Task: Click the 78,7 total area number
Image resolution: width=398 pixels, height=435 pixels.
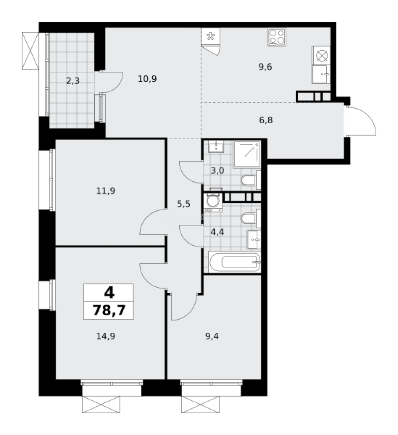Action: [108, 311]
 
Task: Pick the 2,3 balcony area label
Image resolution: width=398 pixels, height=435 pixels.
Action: [73, 80]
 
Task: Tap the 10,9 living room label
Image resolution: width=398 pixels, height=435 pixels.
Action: [147, 79]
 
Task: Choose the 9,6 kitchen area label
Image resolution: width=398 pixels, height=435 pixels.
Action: [265, 66]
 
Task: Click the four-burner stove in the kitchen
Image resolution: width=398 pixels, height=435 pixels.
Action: [276, 37]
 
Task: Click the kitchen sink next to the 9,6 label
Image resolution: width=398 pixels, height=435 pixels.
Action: [321, 74]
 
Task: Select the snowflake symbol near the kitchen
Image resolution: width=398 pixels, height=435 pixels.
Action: [210, 37]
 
